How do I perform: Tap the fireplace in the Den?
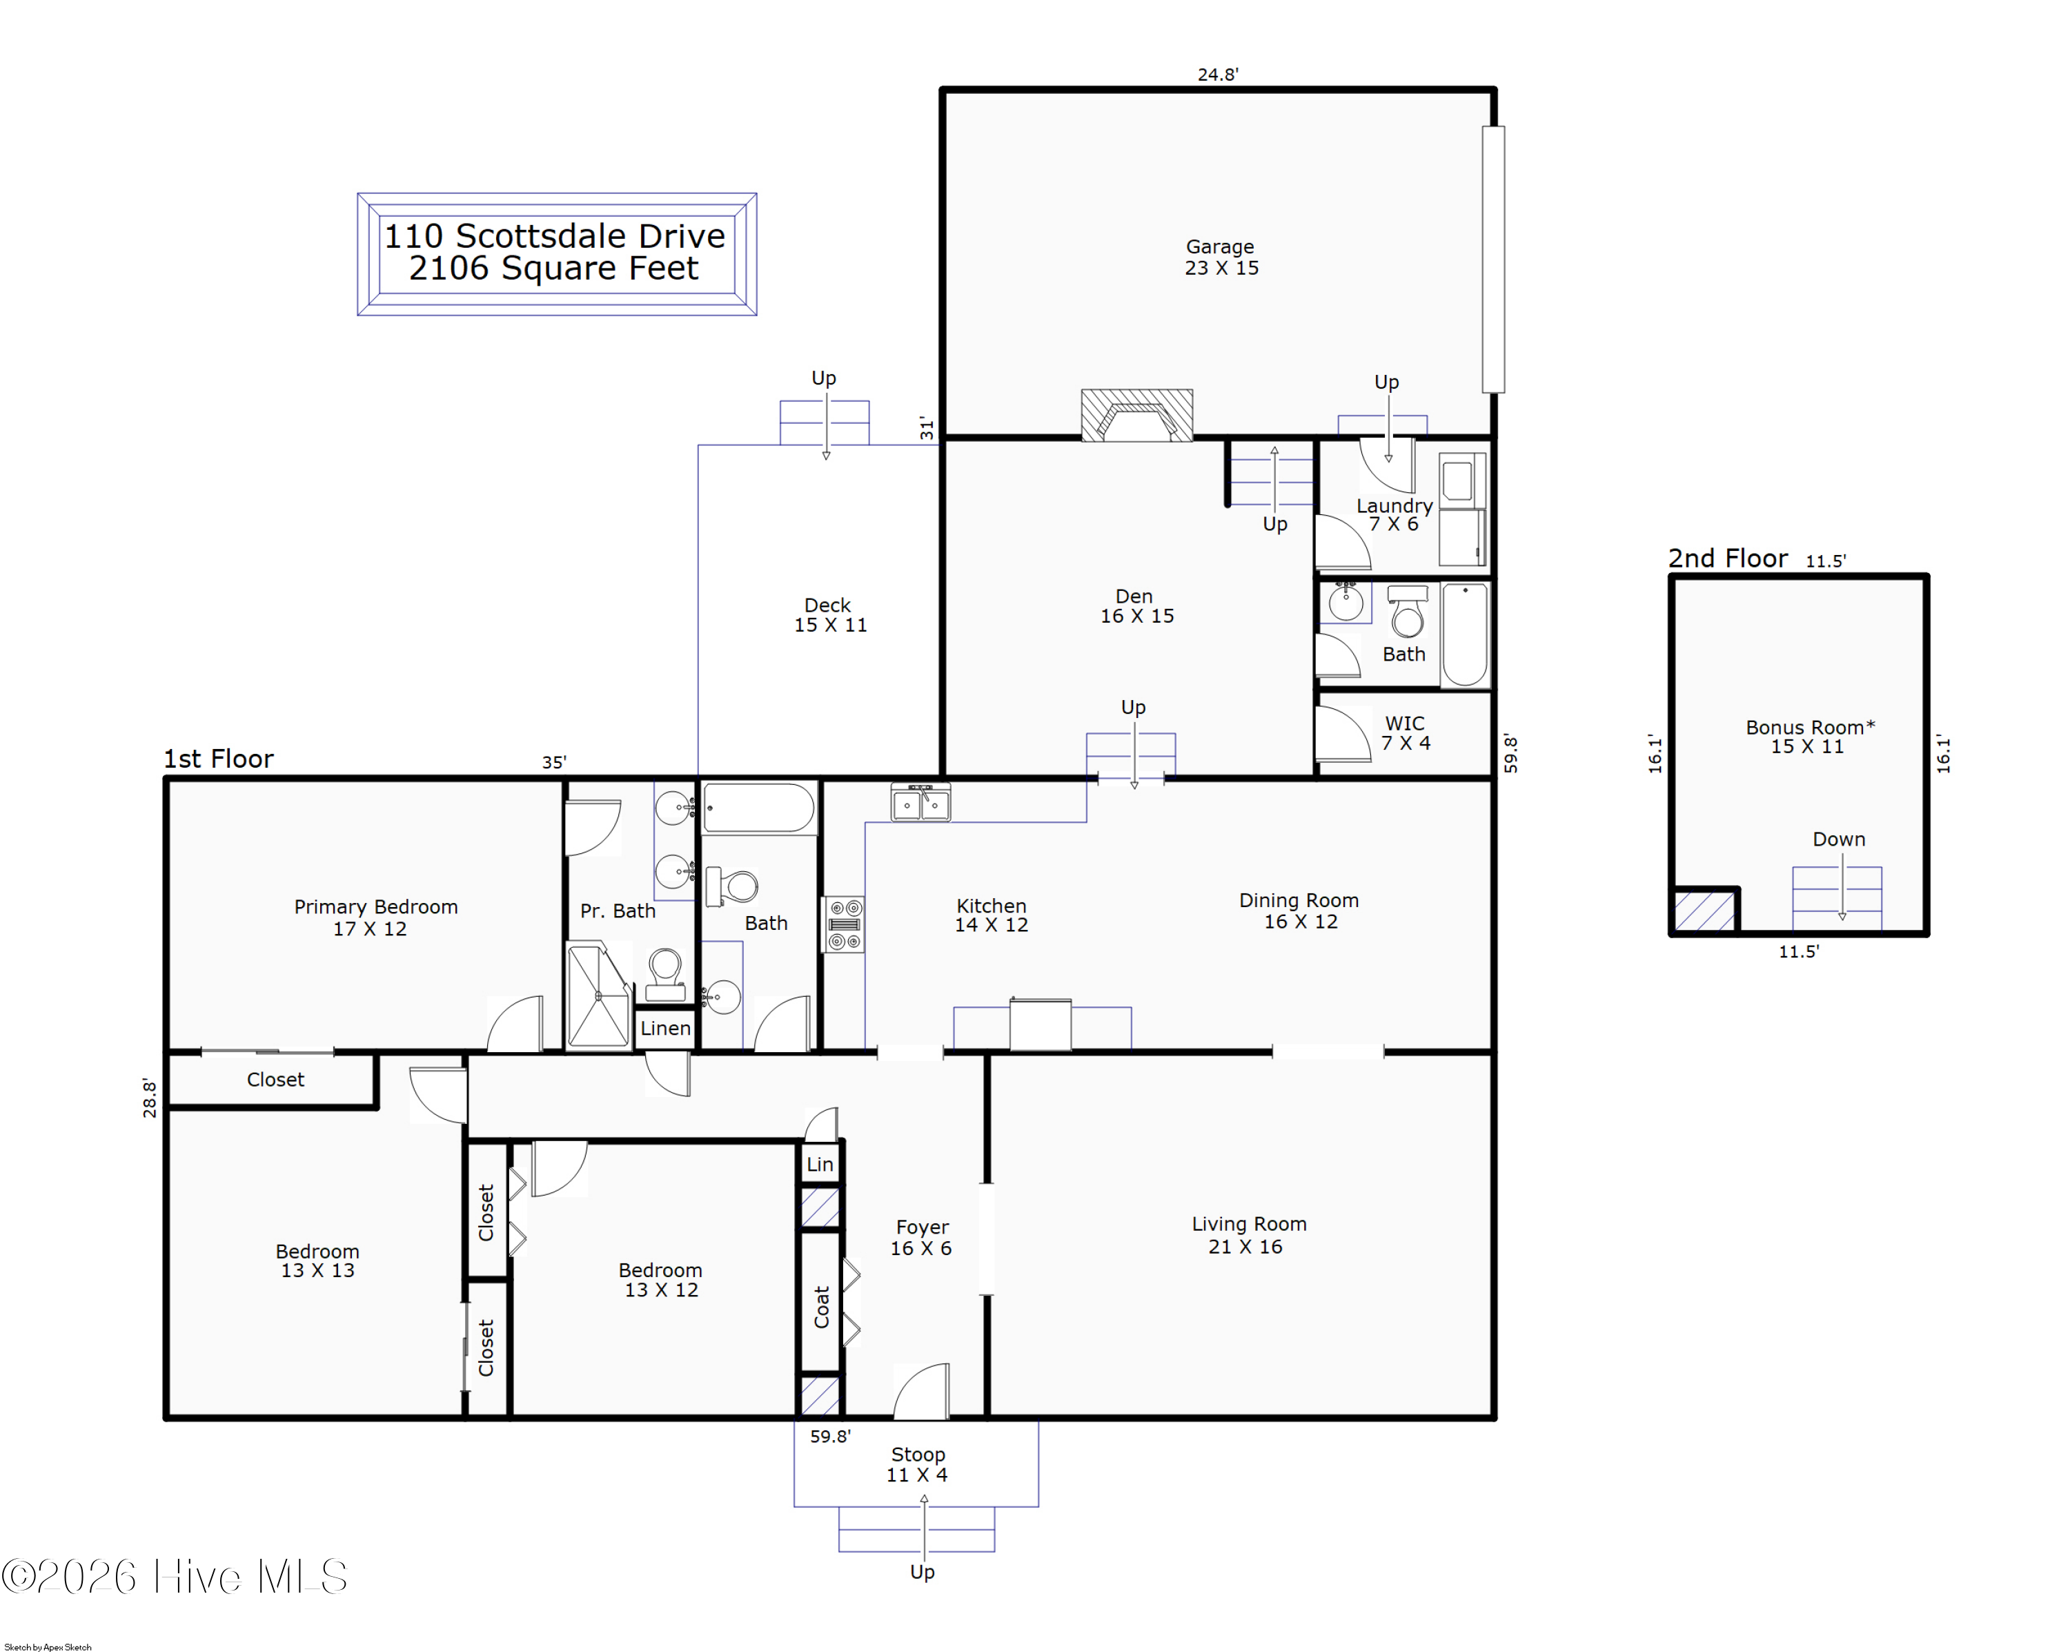[x=1136, y=415]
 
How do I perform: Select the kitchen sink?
[x=920, y=803]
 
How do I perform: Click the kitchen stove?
[x=844, y=924]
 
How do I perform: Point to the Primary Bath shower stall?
[x=599, y=996]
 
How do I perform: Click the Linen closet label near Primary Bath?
[x=665, y=1028]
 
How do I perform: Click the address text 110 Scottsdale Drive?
[x=555, y=235]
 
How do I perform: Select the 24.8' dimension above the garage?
[x=1217, y=74]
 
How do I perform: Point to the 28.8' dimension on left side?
[x=150, y=1097]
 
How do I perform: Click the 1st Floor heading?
[x=219, y=759]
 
